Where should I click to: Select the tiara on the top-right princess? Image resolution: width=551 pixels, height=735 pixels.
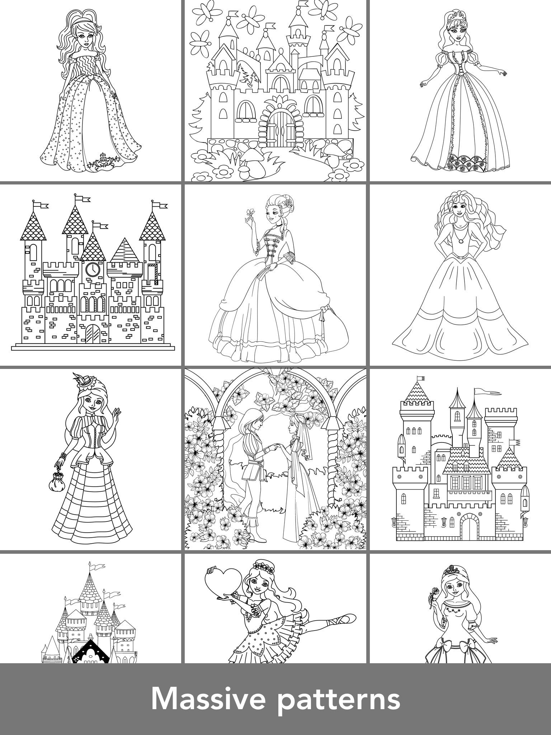pos(453,15)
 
